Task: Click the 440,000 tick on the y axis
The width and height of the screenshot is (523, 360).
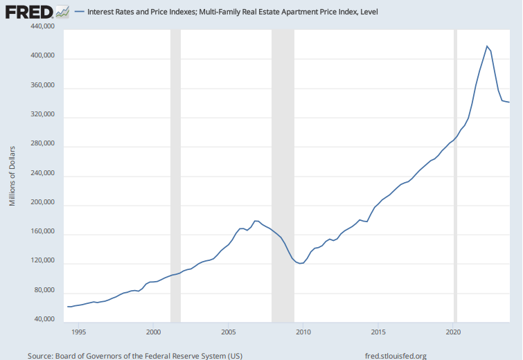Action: point(42,26)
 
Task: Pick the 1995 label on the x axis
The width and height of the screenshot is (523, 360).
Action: point(78,332)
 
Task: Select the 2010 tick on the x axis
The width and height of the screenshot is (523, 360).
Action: point(303,332)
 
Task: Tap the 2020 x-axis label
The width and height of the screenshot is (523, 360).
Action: point(454,332)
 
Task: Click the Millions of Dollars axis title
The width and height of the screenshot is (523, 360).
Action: point(12,176)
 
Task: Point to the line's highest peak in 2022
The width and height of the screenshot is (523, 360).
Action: point(488,46)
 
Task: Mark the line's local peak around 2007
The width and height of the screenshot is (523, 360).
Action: point(256,221)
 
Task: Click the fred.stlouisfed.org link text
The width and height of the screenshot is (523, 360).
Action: point(395,355)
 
